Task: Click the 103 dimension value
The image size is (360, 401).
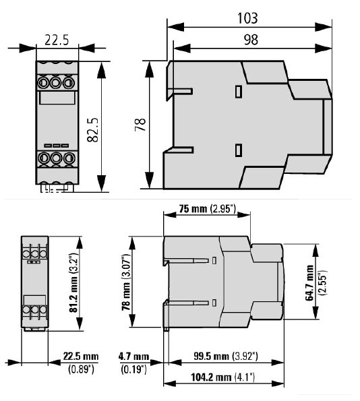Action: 248,16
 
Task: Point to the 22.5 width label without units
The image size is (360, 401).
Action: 57,40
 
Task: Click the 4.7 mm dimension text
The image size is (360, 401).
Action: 132,356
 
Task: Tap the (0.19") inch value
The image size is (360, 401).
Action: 132,368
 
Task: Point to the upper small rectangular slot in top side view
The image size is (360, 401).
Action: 237,91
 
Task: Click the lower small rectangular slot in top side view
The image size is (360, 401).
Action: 237,150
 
